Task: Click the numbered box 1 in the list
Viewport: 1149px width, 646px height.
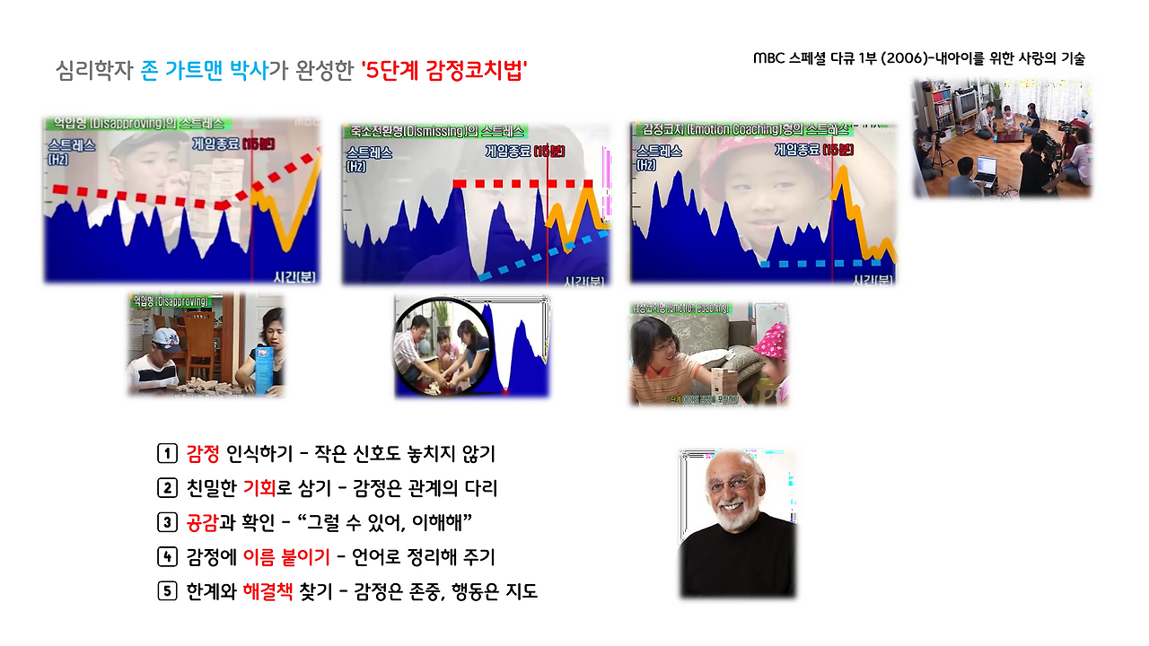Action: tap(166, 453)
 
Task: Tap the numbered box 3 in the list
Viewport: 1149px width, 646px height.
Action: tap(166, 522)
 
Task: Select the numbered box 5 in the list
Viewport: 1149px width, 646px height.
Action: tap(166, 591)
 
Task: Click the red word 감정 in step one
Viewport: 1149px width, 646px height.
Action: tap(203, 453)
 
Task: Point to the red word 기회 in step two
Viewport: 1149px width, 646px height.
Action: tap(261, 488)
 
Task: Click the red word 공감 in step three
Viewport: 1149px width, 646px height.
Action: tap(203, 522)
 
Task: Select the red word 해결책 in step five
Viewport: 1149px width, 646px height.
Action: tap(268, 591)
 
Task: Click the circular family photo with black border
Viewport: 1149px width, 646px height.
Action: tap(440, 346)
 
